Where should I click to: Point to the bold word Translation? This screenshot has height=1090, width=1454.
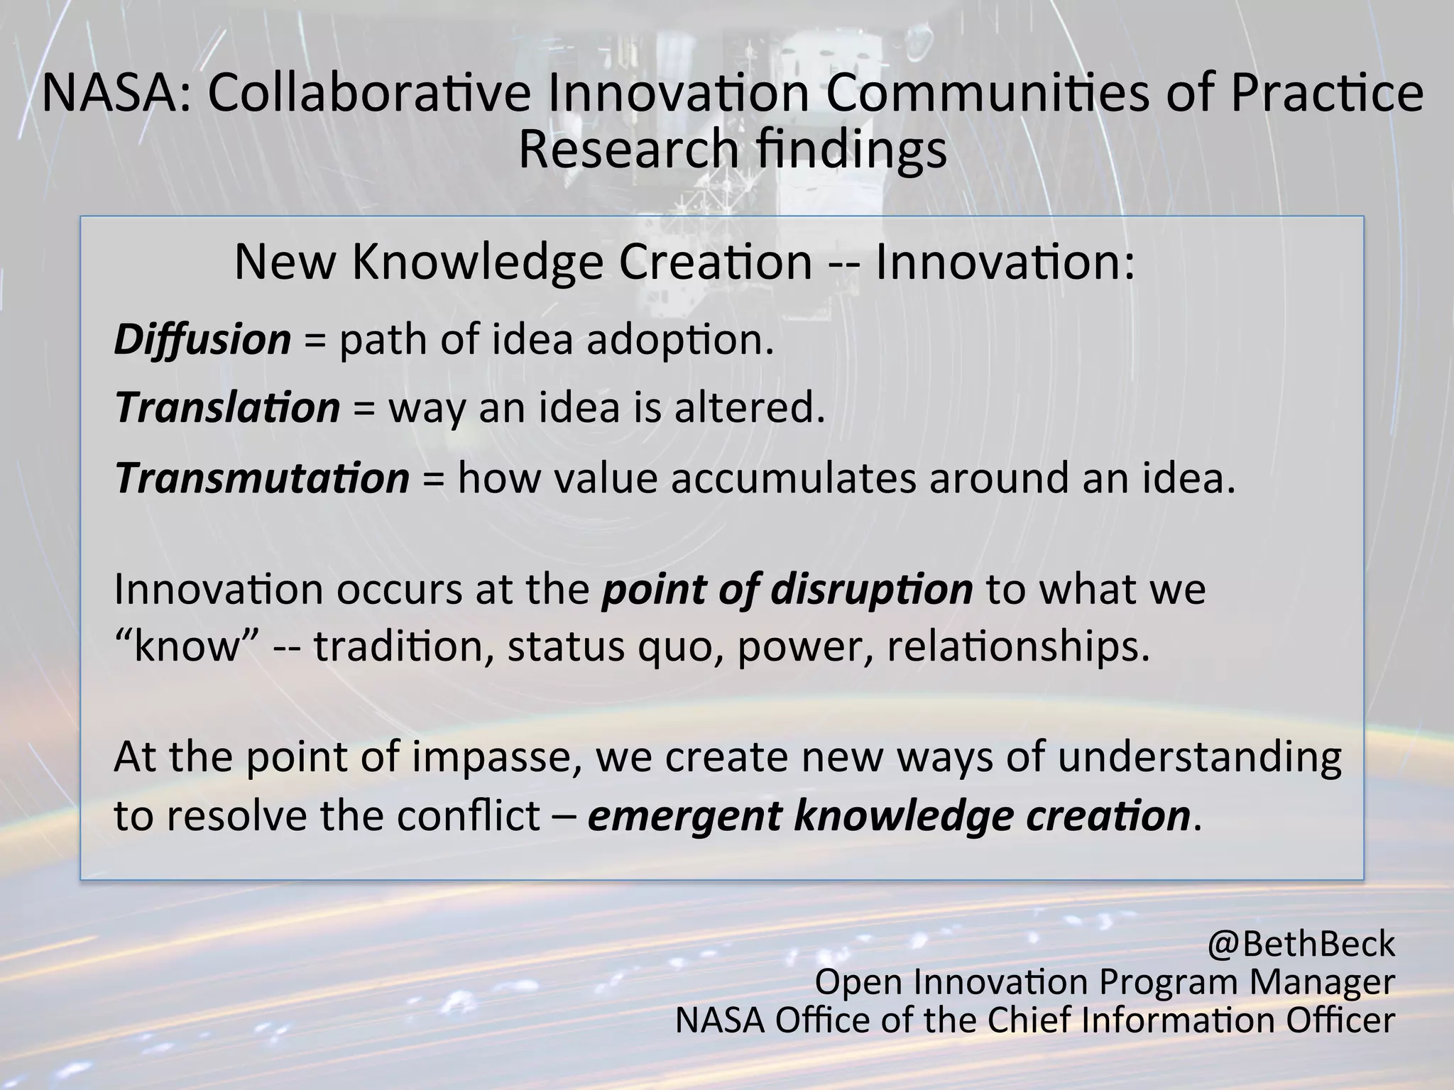[x=228, y=409]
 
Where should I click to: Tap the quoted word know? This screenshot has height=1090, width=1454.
[x=185, y=647]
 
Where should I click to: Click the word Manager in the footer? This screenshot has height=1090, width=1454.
[x=1322, y=983]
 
